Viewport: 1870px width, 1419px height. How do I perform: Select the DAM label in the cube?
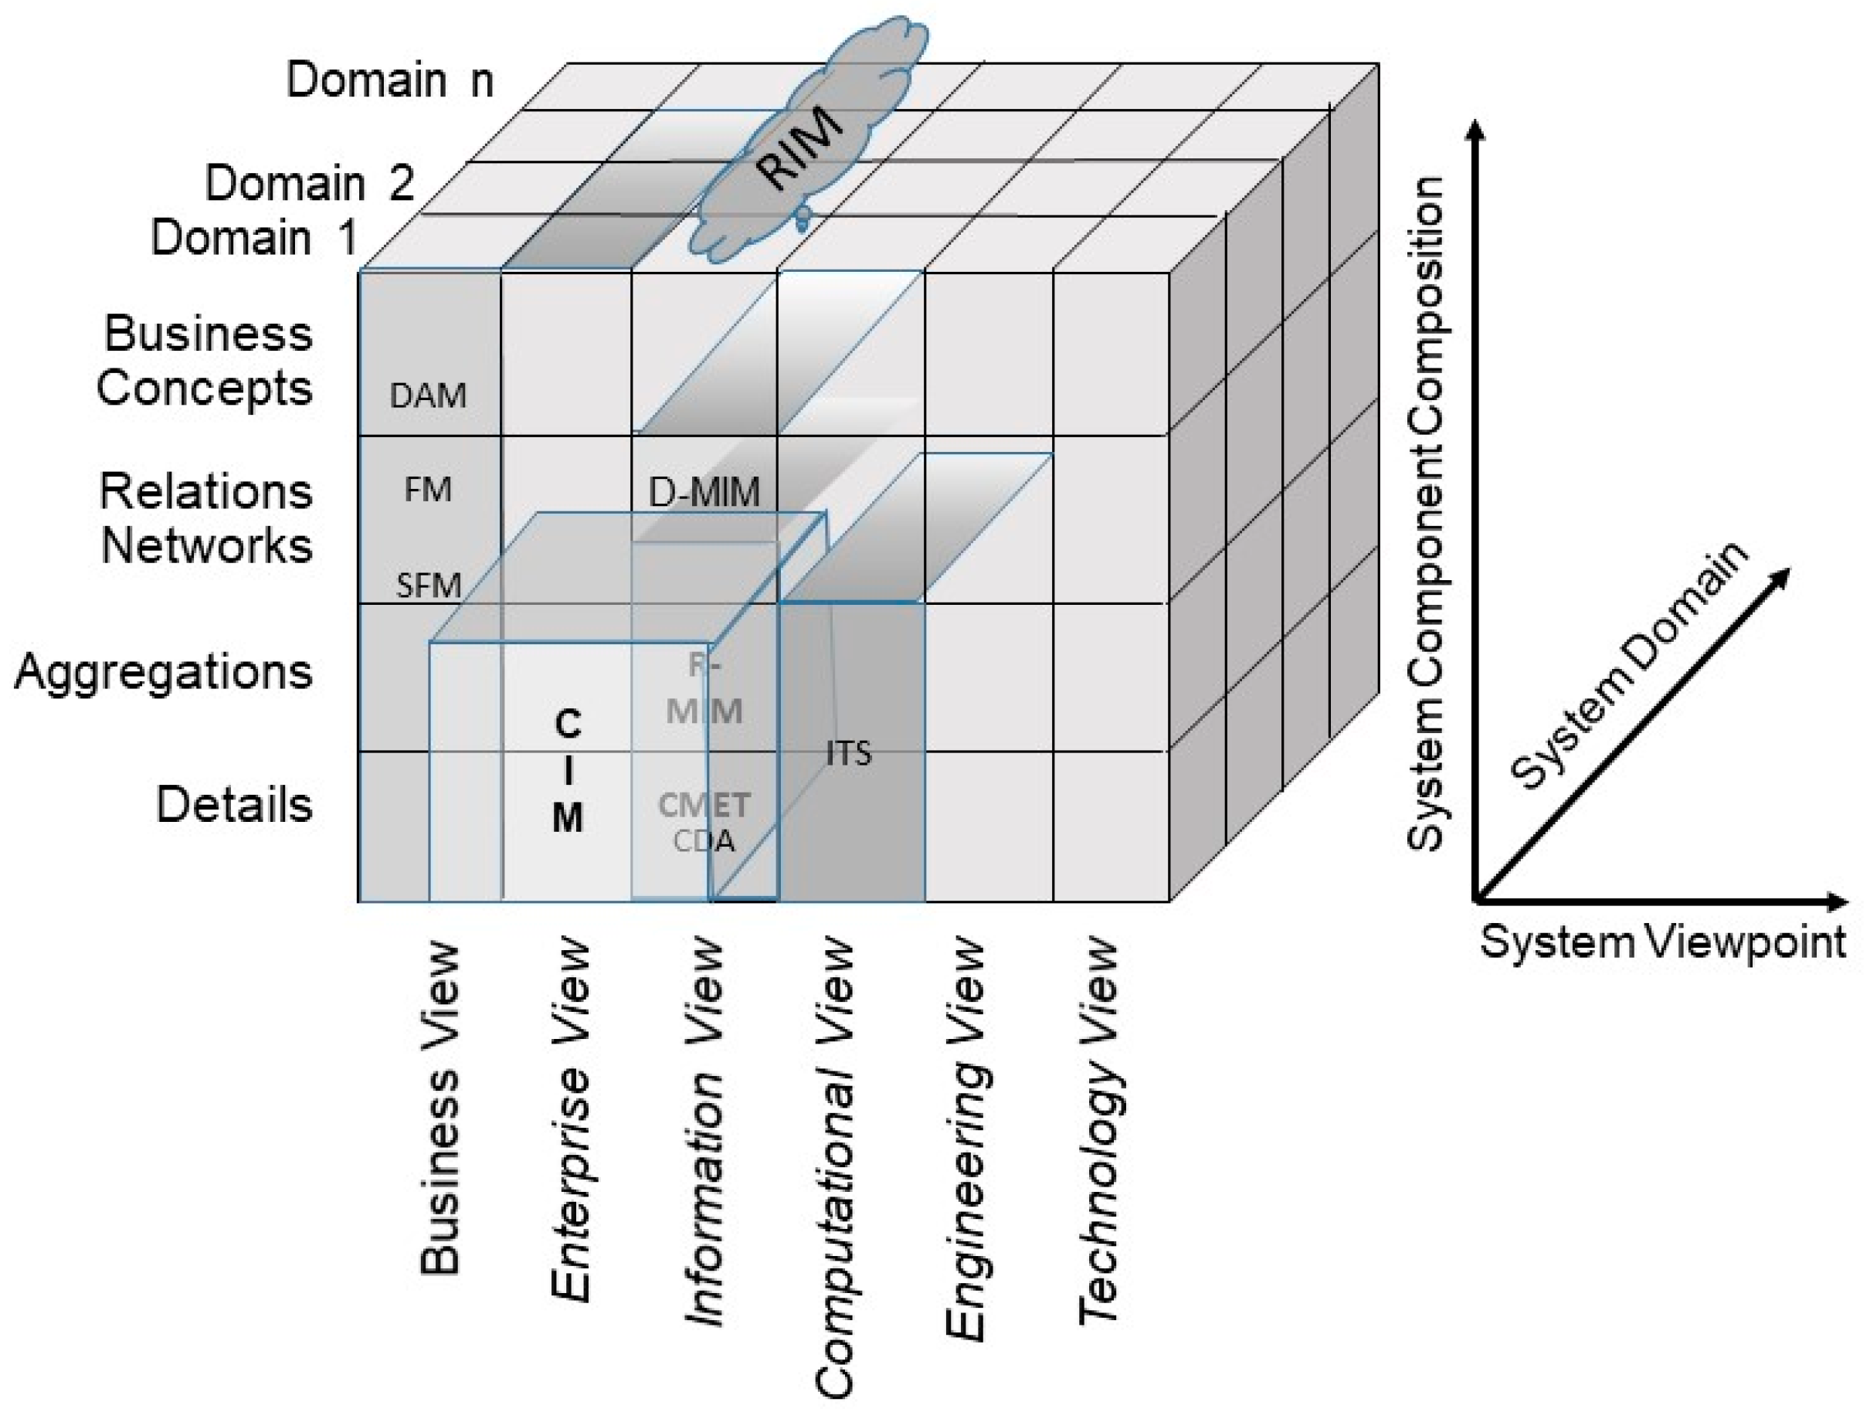pyautogui.click(x=428, y=395)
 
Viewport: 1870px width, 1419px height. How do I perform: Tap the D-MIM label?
pyautogui.click(x=704, y=492)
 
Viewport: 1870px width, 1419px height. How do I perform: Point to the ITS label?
pyautogui.click(x=848, y=753)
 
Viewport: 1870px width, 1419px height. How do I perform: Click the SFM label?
pyautogui.click(x=429, y=586)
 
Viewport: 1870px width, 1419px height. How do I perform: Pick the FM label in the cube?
pyautogui.click(x=428, y=490)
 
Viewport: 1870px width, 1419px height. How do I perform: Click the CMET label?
pyautogui.click(x=704, y=805)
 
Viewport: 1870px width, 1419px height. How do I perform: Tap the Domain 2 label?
pyautogui.click(x=310, y=182)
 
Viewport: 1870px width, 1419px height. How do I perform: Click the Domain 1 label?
pyautogui.click(x=253, y=238)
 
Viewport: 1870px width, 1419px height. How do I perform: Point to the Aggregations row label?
pyautogui.click(x=163, y=672)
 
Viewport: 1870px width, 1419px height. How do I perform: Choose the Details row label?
pyautogui.click(x=234, y=804)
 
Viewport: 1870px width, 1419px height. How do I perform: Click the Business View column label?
pyautogui.click(x=440, y=1108)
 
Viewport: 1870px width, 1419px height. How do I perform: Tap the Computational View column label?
pyautogui.click(x=835, y=1168)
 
